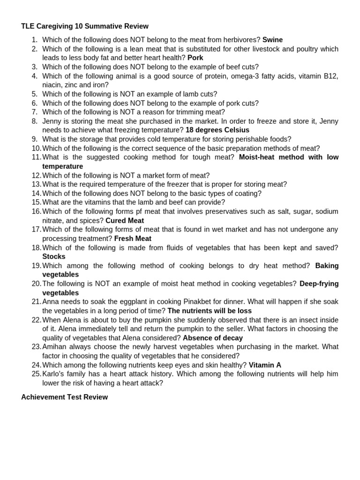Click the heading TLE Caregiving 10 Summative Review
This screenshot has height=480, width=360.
click(x=85, y=26)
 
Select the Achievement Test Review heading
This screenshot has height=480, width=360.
click(x=64, y=397)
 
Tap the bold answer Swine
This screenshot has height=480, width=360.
click(x=272, y=40)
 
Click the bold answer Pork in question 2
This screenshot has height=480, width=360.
click(x=195, y=58)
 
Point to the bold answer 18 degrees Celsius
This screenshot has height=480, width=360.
click(x=217, y=130)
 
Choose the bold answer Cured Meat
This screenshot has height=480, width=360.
click(x=125, y=221)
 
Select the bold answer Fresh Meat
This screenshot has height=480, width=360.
click(x=133, y=239)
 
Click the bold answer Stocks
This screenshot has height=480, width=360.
click(x=54, y=257)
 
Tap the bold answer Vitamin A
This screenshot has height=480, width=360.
click(x=265, y=365)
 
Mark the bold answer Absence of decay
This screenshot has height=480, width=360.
click(x=213, y=338)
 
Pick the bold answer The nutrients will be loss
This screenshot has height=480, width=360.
click(x=210, y=311)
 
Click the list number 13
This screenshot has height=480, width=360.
click(x=37, y=185)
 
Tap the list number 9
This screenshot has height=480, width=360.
click(x=35, y=139)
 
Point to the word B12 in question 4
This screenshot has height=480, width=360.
click(x=330, y=76)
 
